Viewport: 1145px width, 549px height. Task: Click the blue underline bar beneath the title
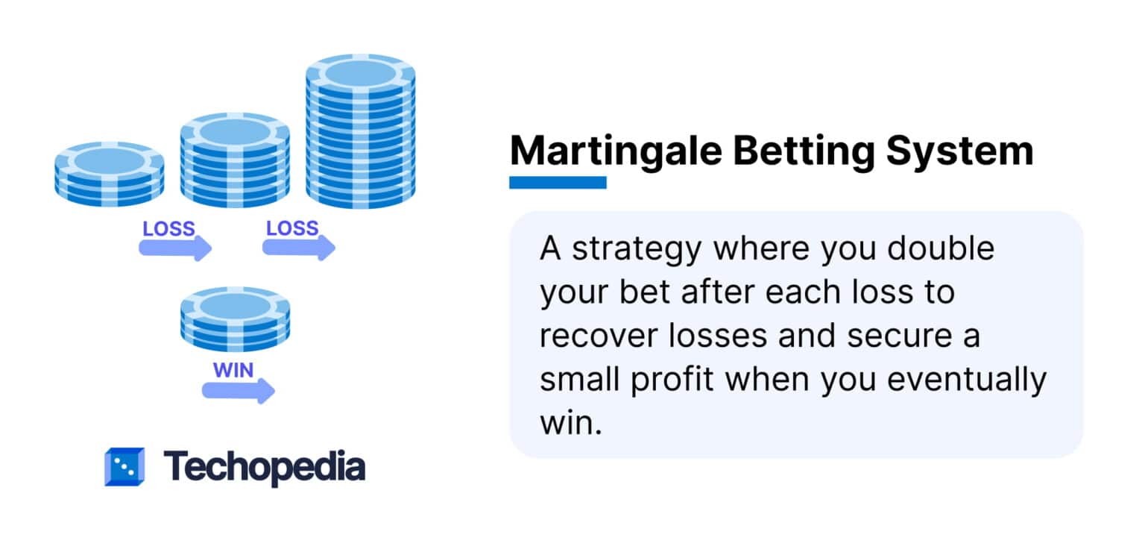558,182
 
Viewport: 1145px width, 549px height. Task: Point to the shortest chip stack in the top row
110,174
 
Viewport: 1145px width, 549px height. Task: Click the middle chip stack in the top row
235,160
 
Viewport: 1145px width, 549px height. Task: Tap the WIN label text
233,370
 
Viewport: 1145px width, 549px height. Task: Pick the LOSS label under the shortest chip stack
168,228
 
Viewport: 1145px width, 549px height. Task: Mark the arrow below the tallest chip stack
299,247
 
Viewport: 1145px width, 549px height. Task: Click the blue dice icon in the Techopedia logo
123,466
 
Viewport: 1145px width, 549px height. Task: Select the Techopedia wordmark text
265,466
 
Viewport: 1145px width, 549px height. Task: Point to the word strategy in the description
636,249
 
